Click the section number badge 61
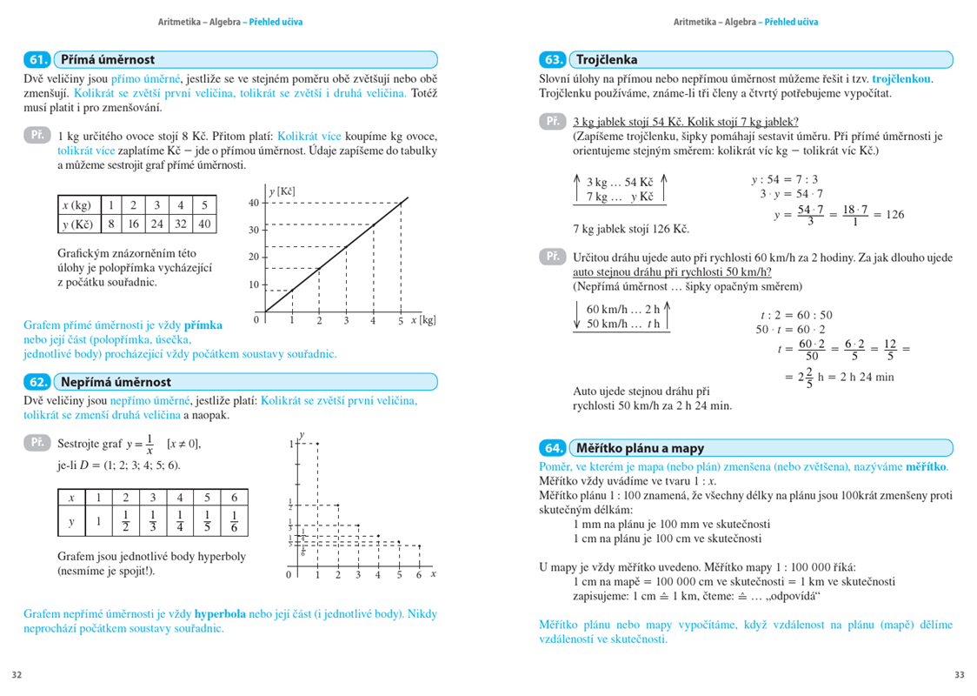pyautogui.click(x=37, y=60)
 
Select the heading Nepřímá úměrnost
pyautogui.click(x=116, y=382)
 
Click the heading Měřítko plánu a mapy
pyautogui.click(x=640, y=448)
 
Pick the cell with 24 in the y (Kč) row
pyautogui.click(x=156, y=224)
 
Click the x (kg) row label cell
pyautogui.click(x=77, y=205)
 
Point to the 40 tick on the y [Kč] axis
pyautogui.click(x=254, y=203)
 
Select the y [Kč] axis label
pyautogui.click(x=282, y=191)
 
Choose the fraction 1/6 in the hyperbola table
pyautogui.click(x=234, y=523)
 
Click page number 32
pyautogui.click(x=17, y=674)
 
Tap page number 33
pyautogui.click(x=959, y=674)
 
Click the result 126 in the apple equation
pyautogui.click(x=894, y=214)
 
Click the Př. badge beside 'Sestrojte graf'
pyautogui.click(x=37, y=443)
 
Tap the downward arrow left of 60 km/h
pyautogui.click(x=577, y=317)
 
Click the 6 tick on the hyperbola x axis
pyautogui.click(x=419, y=575)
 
